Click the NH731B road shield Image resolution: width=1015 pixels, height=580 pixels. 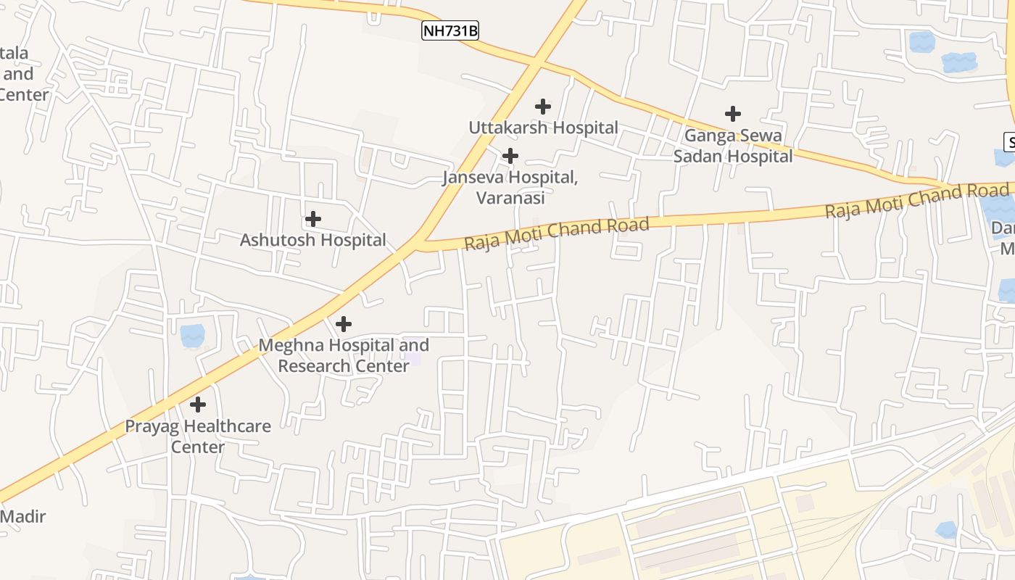click(449, 30)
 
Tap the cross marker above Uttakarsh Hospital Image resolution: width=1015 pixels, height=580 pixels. click(543, 107)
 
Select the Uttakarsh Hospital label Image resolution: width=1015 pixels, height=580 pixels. click(543, 128)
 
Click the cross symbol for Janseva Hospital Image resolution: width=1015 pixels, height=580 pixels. click(510, 156)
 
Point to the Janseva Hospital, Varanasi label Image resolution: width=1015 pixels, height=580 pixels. click(510, 187)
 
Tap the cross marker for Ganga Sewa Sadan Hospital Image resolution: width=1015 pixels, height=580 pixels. click(733, 114)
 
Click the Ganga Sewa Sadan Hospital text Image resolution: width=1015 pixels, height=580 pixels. click(733, 146)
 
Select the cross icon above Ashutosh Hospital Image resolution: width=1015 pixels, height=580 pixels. click(313, 218)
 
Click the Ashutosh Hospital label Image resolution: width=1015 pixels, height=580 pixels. click(313, 240)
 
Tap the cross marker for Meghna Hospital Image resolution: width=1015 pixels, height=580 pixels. click(344, 323)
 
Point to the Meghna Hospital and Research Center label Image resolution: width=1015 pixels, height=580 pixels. click(344, 355)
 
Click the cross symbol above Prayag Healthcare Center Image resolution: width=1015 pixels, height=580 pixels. click(198, 404)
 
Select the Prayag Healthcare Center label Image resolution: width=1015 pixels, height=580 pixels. click(198, 436)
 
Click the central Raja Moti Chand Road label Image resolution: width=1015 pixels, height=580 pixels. click(556, 233)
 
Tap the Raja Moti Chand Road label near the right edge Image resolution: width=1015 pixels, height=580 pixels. click(916, 200)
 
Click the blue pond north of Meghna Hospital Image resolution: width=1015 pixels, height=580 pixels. click(192, 335)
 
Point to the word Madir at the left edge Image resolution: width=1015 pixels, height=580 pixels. click(23, 517)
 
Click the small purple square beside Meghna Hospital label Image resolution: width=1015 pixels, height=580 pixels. click(413, 359)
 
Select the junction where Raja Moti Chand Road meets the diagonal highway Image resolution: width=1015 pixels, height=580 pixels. click(422, 244)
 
